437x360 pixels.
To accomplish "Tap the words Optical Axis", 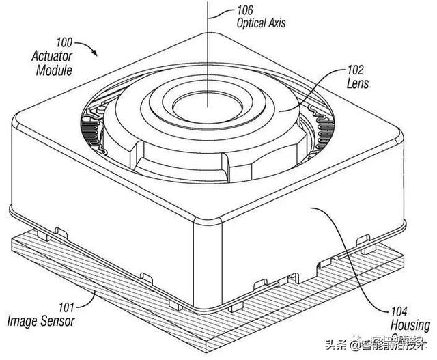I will (260, 23).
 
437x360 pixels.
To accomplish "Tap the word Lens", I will (358, 83).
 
